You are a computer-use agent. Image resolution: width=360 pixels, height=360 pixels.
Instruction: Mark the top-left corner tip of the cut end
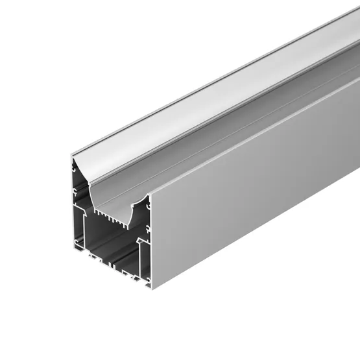coord(72,155)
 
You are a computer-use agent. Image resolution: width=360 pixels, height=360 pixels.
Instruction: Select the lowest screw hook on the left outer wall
coord(77,243)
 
